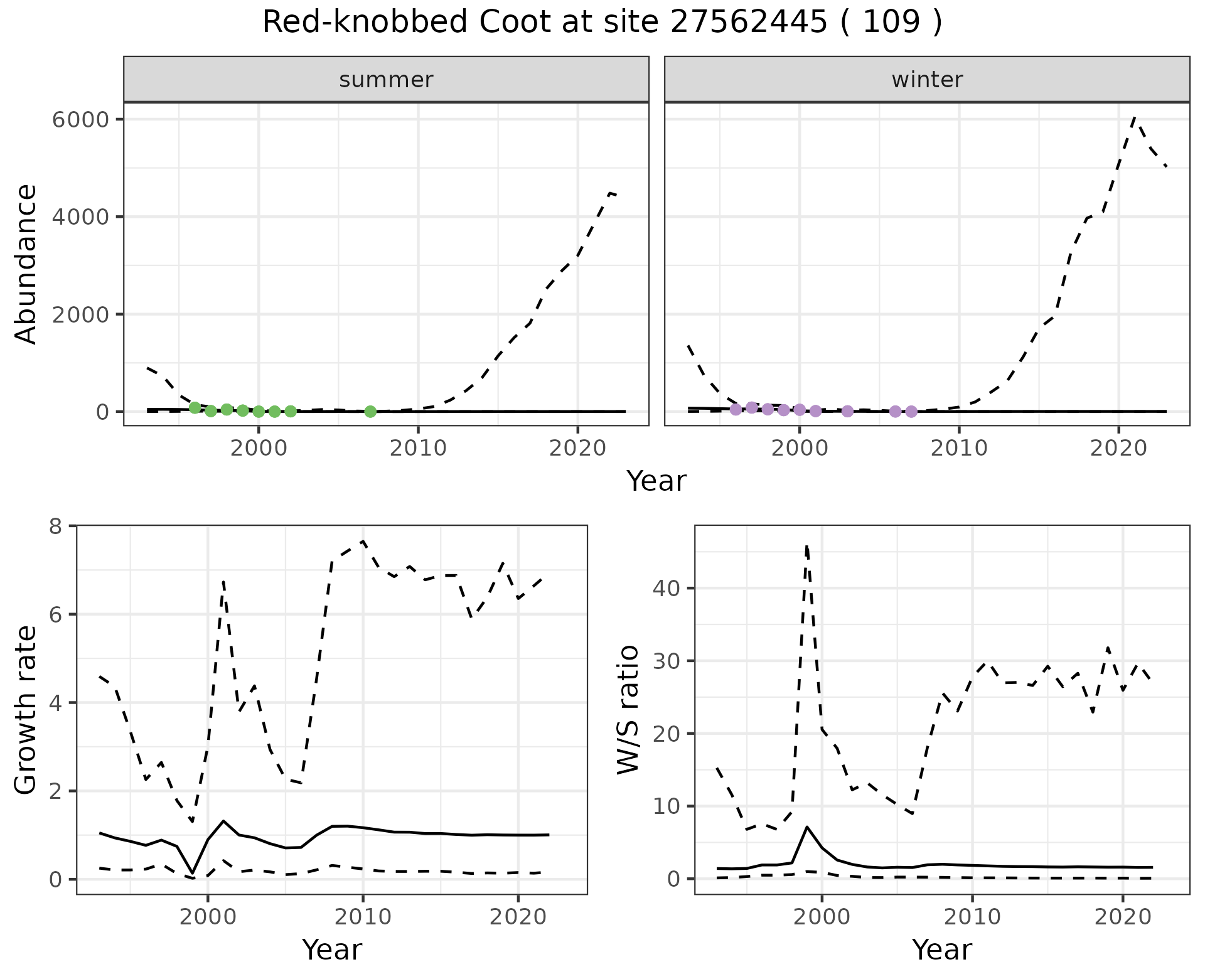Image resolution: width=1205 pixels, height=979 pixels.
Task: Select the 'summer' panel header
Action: click(386, 80)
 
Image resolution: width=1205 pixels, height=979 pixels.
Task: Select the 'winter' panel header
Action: click(927, 80)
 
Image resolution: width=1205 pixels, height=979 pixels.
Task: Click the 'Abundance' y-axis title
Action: click(26, 264)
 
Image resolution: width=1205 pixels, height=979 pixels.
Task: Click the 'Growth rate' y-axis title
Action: click(26, 709)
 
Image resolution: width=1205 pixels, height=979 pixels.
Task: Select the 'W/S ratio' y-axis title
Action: click(628, 709)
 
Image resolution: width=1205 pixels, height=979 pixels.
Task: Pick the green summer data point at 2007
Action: click(370, 412)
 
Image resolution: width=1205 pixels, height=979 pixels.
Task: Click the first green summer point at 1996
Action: click(195, 407)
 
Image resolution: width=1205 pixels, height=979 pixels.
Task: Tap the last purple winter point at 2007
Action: click(911, 412)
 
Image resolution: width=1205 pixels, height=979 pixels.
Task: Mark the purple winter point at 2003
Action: click(847, 412)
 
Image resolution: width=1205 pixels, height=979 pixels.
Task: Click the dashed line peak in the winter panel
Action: click(1134, 117)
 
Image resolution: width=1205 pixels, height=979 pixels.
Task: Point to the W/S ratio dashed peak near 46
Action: click(806, 546)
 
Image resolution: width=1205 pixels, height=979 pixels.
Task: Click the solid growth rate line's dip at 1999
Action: click(192, 872)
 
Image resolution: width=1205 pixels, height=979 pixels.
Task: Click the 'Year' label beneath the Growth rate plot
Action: click(331, 950)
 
